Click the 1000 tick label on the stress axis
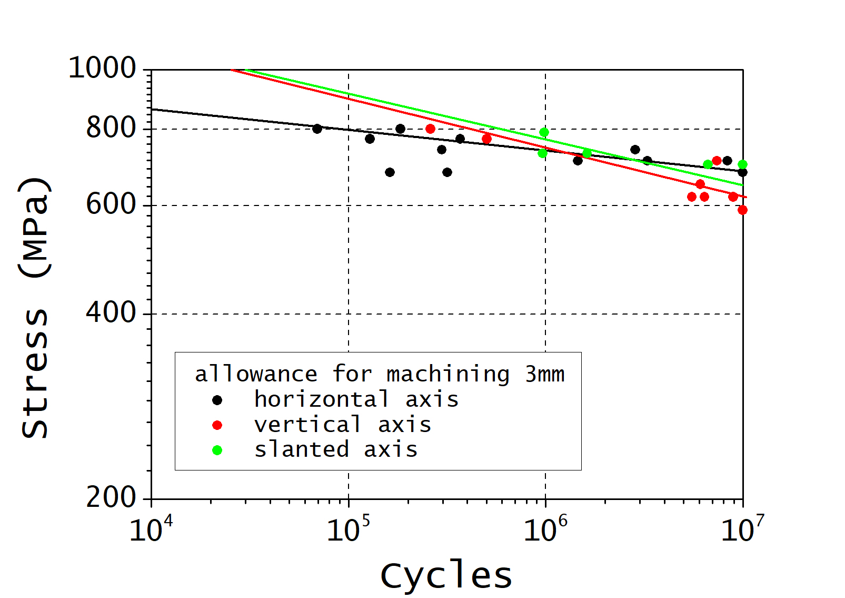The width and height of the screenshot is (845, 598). (x=102, y=68)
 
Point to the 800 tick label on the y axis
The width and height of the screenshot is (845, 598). (x=111, y=128)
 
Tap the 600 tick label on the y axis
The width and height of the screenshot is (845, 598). (x=111, y=204)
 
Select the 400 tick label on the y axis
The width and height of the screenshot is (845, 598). (x=111, y=313)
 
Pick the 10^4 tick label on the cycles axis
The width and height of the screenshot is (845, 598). (x=151, y=529)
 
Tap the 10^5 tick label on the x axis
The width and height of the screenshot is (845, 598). (x=348, y=529)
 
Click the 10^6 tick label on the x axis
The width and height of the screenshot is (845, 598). (x=545, y=529)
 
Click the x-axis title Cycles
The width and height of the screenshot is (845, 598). (x=446, y=575)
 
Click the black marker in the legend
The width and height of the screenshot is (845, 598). (x=217, y=400)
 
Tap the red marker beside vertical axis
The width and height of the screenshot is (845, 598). (x=217, y=425)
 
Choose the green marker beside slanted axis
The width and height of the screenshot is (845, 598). (x=217, y=450)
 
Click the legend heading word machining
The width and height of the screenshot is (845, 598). (x=448, y=374)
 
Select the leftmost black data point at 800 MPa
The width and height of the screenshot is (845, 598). (x=317, y=129)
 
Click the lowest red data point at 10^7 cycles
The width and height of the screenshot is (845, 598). (x=742, y=210)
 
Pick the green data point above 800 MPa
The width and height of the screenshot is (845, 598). (x=544, y=132)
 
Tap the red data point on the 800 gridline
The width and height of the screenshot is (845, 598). (x=430, y=129)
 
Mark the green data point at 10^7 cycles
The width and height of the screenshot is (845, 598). (x=742, y=164)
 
